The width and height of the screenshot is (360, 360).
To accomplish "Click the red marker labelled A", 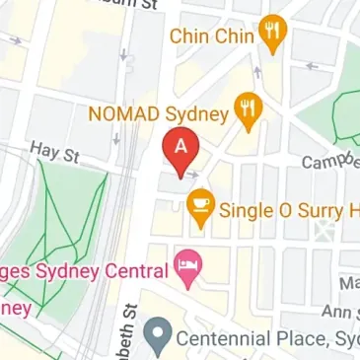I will click(180, 149).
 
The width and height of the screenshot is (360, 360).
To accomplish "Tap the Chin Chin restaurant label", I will click(213, 36).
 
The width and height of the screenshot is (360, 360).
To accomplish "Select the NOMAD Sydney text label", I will click(158, 113).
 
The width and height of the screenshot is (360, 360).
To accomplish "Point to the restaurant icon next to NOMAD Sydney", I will click(249, 112).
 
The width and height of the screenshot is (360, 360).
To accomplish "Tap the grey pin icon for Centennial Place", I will click(155, 338).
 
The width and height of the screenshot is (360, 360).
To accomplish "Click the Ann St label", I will click(340, 312).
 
